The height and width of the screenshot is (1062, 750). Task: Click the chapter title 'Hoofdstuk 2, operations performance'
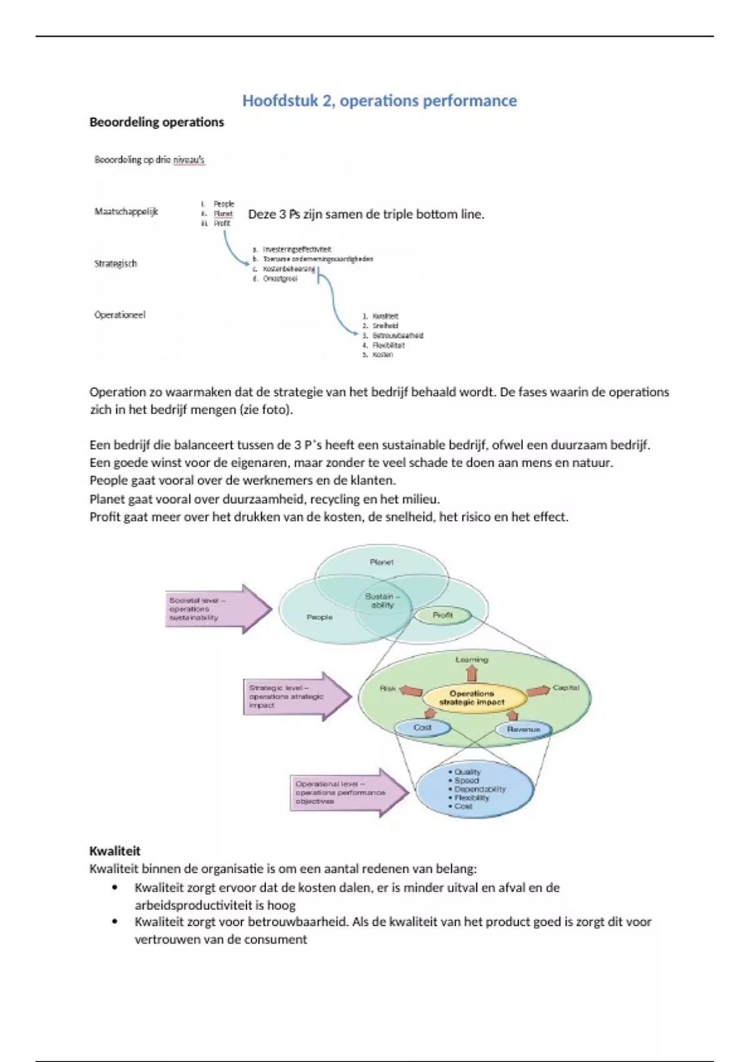pyautogui.click(x=379, y=101)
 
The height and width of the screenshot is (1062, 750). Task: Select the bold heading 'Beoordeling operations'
pyautogui.click(x=156, y=122)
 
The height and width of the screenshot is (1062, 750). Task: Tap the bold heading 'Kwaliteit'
pyautogui.click(x=115, y=850)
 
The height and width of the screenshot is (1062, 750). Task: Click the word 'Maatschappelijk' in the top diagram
pyautogui.click(x=126, y=211)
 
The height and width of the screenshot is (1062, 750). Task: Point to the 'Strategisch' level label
pyautogui.click(x=116, y=263)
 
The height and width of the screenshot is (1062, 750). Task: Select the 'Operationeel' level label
pyautogui.click(x=120, y=315)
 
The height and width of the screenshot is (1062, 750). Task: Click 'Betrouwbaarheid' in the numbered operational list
pyautogui.click(x=397, y=335)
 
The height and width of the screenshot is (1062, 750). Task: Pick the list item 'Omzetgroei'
pyautogui.click(x=280, y=279)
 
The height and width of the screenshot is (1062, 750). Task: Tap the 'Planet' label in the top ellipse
pyautogui.click(x=381, y=562)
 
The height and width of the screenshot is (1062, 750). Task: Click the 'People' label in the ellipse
pyautogui.click(x=319, y=617)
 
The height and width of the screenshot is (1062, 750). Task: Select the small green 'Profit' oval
pyautogui.click(x=442, y=615)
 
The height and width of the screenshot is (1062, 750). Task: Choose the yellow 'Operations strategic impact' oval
pyautogui.click(x=472, y=698)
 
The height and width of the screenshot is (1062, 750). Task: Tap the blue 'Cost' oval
pyautogui.click(x=422, y=728)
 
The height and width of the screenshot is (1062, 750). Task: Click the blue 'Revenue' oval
pyautogui.click(x=523, y=729)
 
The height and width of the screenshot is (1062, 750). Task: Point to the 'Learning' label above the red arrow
pyautogui.click(x=472, y=660)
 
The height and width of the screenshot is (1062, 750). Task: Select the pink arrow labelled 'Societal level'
pyautogui.click(x=216, y=609)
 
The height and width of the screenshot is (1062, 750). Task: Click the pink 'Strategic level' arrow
pyautogui.click(x=294, y=696)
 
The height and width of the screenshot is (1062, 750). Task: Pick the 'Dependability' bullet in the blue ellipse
pyautogui.click(x=480, y=789)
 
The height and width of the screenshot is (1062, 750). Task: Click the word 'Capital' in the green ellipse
pyautogui.click(x=566, y=688)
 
